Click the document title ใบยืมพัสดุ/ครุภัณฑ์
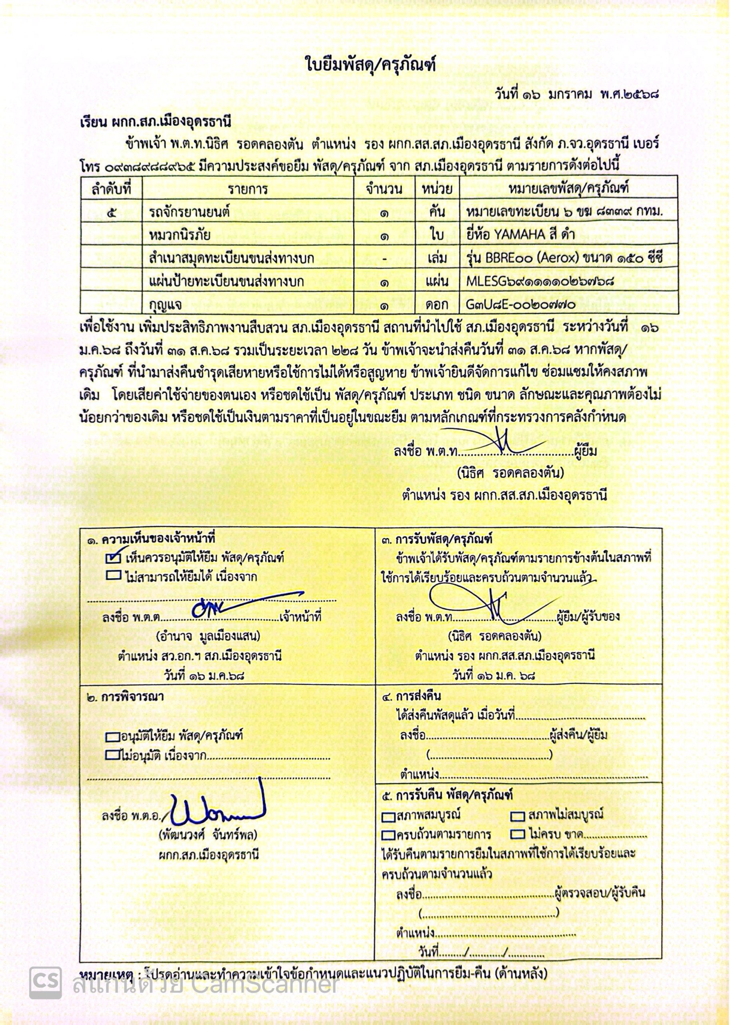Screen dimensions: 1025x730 coord(365,66)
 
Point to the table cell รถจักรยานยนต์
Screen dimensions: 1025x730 coord(189,212)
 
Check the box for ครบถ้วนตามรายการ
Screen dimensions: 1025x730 coord(388,835)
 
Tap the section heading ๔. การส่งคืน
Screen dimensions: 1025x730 coord(411,697)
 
